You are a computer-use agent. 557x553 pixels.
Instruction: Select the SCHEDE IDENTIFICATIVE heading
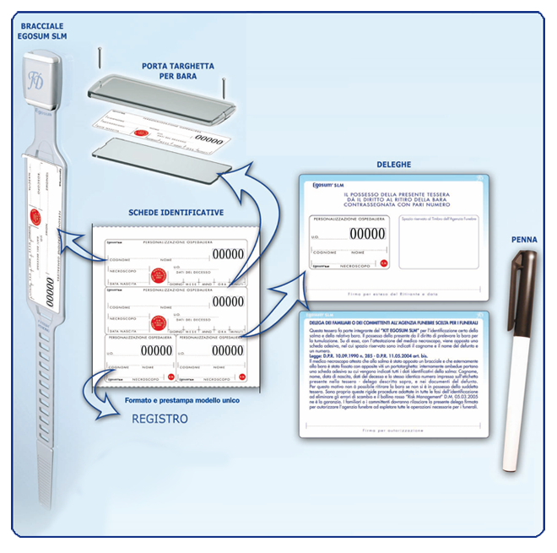176,213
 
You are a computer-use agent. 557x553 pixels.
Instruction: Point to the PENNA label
523,241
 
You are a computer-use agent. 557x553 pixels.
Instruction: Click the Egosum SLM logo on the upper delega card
326,187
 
